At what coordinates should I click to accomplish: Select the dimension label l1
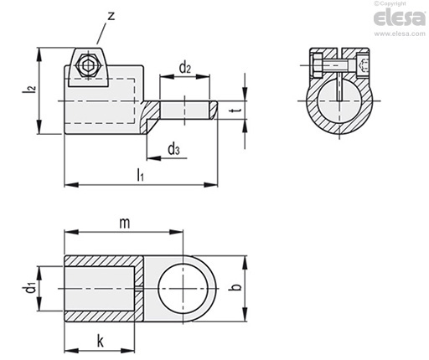pyautogui.click(x=140, y=175)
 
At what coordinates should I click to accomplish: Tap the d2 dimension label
pyautogui.click(x=185, y=68)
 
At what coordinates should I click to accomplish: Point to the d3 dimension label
pyautogui.click(x=173, y=149)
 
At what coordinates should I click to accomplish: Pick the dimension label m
pyautogui.click(x=125, y=223)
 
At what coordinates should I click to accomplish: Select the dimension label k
pyautogui.click(x=100, y=341)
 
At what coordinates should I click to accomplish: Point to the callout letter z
pyautogui.click(x=111, y=16)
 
